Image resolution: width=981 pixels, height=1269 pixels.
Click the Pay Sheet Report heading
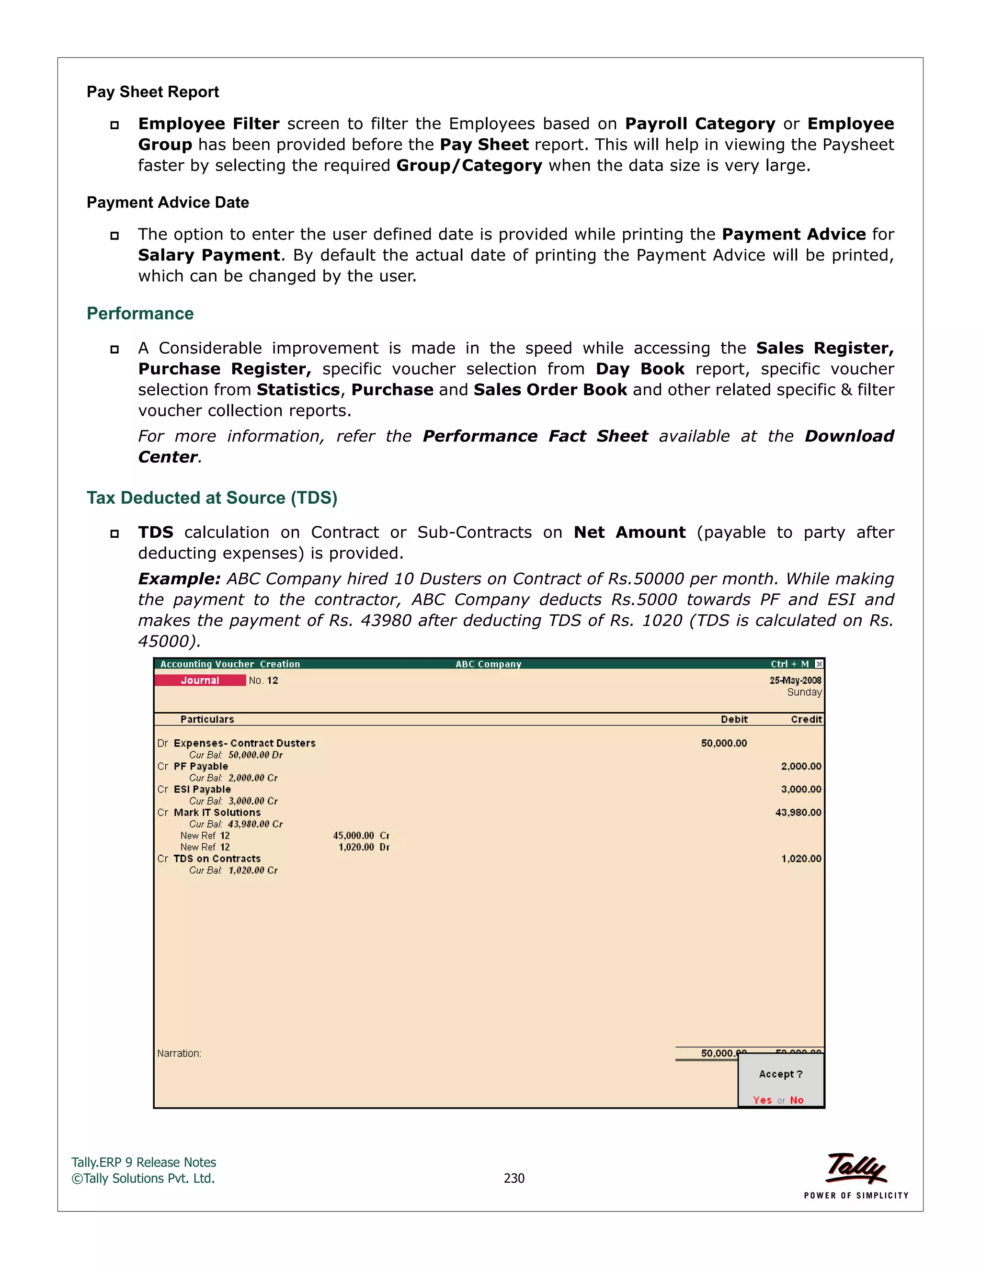[152, 92]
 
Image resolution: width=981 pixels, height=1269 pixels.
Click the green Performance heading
[140, 313]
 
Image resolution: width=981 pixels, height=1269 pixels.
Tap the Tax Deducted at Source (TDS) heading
[212, 498]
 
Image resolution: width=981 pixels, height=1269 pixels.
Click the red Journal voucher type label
[199, 680]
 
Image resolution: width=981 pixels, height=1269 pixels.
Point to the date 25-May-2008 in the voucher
[795, 680]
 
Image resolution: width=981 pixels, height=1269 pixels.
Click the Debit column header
[733, 719]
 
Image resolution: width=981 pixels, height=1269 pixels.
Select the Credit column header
[806, 719]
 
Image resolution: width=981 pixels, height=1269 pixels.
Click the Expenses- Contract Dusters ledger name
[244, 743]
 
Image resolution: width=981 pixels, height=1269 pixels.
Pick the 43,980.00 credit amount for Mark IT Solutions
[798, 812]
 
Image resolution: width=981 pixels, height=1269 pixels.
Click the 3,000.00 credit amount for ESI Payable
[801, 789]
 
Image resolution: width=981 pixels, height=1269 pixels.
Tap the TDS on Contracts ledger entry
[217, 858]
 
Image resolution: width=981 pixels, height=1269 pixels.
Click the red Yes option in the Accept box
[762, 1100]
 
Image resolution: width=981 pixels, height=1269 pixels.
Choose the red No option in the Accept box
[796, 1100]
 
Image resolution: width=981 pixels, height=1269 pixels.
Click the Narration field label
[179, 1054]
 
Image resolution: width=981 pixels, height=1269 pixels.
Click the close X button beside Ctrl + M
[819, 664]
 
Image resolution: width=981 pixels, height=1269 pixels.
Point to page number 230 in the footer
[514, 1178]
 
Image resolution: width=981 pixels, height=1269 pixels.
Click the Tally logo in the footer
[856, 1169]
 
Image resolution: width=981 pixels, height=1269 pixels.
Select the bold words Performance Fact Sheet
[535, 436]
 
